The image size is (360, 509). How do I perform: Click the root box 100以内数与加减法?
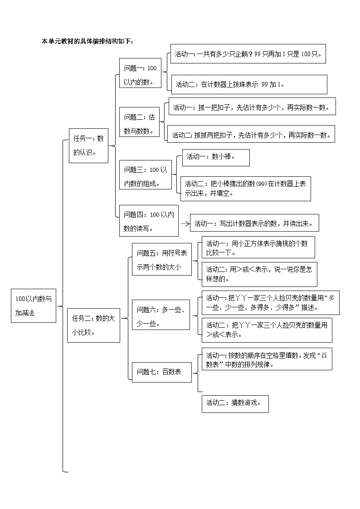[x=34, y=305]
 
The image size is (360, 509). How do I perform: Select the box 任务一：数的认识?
[x=88, y=145]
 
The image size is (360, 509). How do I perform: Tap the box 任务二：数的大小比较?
[x=93, y=325]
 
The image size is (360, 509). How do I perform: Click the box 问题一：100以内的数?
[x=140, y=75]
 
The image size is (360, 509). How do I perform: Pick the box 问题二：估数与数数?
[x=140, y=123]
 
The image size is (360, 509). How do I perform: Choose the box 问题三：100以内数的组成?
[x=145, y=176]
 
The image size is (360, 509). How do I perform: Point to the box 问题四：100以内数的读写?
[x=149, y=221]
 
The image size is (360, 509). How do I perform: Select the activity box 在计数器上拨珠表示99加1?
[x=249, y=84]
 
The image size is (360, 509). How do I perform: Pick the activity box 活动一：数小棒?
[x=215, y=157]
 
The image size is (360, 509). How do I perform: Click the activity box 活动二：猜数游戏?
[x=235, y=403]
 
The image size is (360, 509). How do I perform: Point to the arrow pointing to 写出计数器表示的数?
[x=185, y=223]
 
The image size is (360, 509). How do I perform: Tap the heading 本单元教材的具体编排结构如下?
[x=88, y=41]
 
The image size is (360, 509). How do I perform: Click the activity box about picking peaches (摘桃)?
[x=258, y=247]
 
